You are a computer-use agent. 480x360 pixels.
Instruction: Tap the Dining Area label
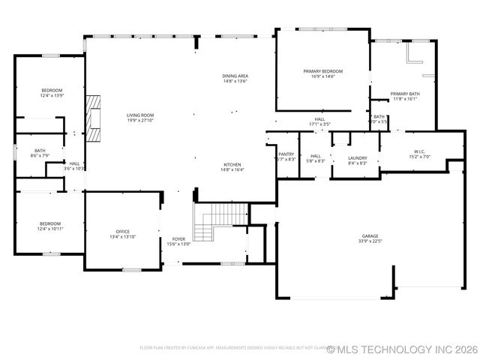[235, 76]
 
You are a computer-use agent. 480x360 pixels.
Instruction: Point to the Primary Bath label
[403, 94]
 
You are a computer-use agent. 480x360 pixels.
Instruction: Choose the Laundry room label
[357, 157]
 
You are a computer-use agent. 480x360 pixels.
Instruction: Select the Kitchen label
[232, 164]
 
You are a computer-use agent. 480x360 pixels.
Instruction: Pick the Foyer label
[178, 239]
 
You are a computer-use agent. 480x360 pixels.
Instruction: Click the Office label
[122, 231]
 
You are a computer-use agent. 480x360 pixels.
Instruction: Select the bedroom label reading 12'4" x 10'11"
[51, 225]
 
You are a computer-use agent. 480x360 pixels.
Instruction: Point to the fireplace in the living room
[94, 118]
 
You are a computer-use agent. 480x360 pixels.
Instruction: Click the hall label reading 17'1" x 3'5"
[319, 121]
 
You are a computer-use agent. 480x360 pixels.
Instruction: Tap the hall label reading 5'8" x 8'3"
[315, 157]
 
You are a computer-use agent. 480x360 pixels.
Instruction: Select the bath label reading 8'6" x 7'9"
[39, 153]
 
